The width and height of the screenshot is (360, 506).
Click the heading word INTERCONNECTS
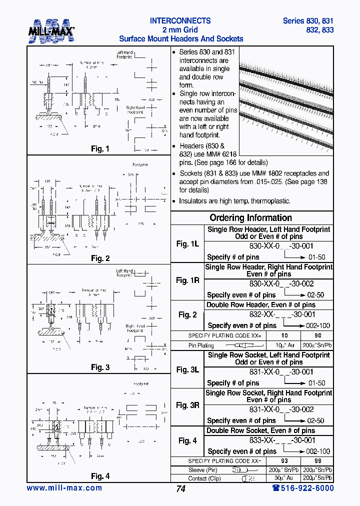(x=180, y=21)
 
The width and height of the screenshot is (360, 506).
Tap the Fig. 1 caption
(x=100, y=149)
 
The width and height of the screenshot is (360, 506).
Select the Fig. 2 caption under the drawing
(x=100, y=258)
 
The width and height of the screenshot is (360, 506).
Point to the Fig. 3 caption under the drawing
(x=100, y=367)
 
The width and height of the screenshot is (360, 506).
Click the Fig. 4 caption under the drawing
(x=100, y=476)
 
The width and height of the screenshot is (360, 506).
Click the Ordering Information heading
(x=250, y=218)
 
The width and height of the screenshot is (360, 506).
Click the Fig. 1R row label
(x=187, y=280)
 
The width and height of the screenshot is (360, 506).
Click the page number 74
(x=180, y=489)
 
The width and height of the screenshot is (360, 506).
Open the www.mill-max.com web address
(x=64, y=488)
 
